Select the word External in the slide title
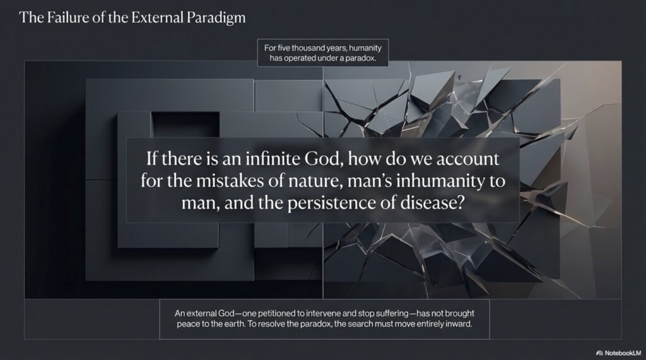[157, 17]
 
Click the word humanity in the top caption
[365, 48]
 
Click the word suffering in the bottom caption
[391, 313]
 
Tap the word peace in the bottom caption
[187, 324]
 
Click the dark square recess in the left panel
[185, 124]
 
